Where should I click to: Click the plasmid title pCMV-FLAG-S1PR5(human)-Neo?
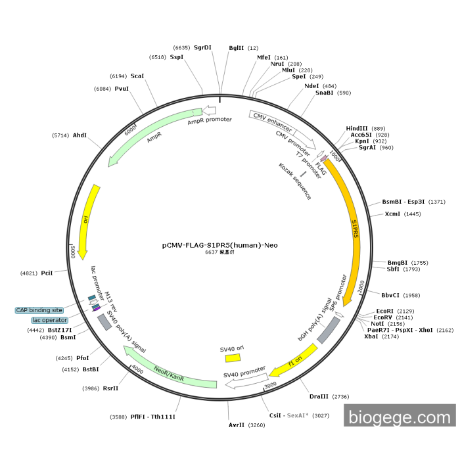220,245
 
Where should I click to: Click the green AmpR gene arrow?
152,136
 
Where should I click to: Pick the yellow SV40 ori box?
233,358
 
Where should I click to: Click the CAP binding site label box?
39,310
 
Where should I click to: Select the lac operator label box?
50,320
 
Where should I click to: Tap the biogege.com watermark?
400,417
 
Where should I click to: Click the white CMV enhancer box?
267,121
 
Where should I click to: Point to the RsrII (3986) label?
100,388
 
